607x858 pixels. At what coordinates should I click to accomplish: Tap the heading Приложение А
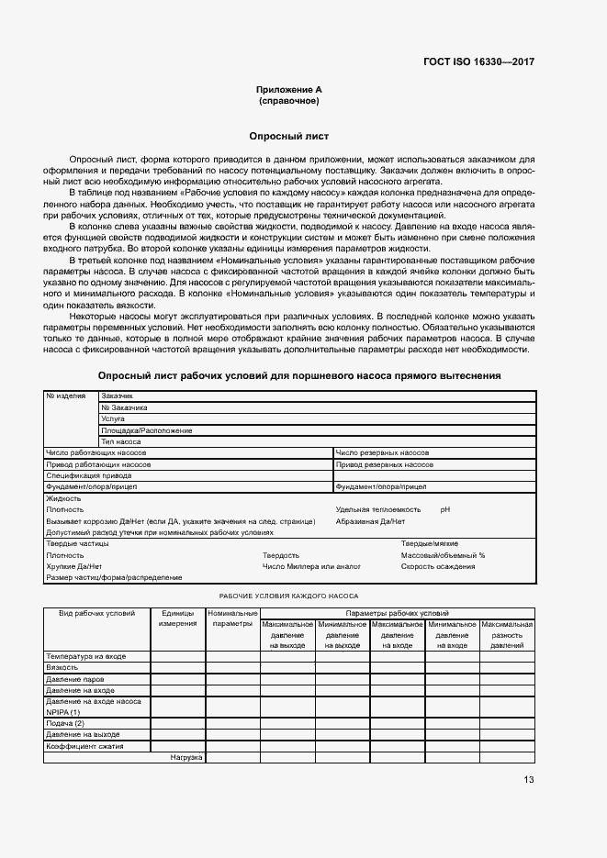[x=289, y=89]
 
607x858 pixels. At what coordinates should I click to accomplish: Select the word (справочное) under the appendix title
[x=289, y=101]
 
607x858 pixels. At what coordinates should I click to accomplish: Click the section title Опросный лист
[x=289, y=135]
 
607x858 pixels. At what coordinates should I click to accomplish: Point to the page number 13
[x=528, y=780]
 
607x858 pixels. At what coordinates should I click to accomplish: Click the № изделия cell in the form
[x=66, y=396]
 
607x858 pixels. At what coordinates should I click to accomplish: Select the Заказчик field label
[x=118, y=396]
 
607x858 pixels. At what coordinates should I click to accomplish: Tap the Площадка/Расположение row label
[x=147, y=429]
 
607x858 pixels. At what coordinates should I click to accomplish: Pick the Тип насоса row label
[x=121, y=441]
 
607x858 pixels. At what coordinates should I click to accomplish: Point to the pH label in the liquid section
[x=445, y=508]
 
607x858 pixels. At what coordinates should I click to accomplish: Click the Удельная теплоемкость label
[x=378, y=508]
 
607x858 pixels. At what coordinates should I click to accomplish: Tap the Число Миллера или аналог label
[x=311, y=566]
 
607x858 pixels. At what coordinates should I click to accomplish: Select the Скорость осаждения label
[x=438, y=566]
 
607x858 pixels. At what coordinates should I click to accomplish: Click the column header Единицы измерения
[x=177, y=618]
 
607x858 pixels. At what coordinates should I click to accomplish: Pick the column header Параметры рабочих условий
[x=397, y=612]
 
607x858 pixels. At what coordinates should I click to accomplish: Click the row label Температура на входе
[x=85, y=656]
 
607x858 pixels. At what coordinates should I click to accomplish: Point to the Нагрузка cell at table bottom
[x=186, y=757]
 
